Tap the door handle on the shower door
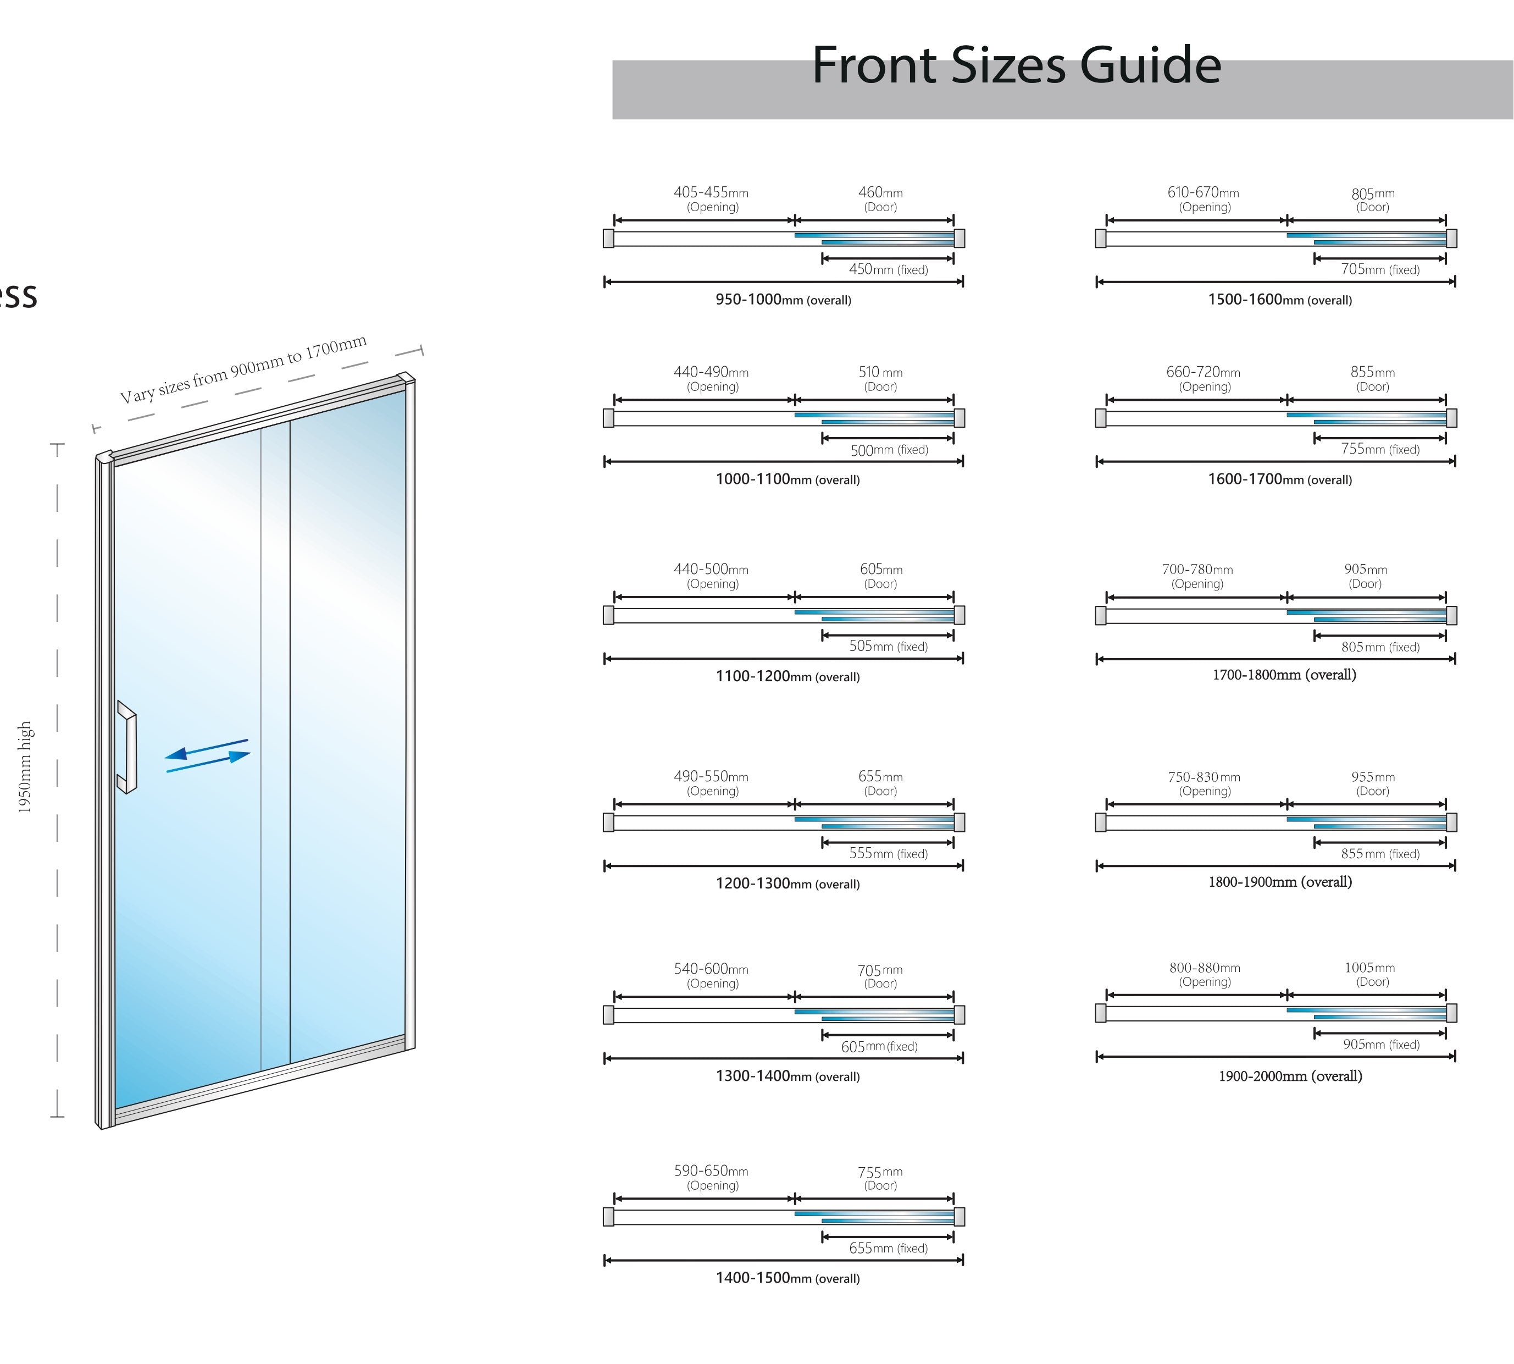tap(128, 747)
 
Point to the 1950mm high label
tap(25, 767)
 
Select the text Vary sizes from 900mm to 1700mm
tap(243, 369)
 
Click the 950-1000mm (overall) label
tap(783, 300)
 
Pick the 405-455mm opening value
tap(711, 192)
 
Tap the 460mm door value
tap(880, 192)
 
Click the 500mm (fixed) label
tap(889, 450)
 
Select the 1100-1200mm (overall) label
tap(787, 676)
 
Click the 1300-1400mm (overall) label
tap(787, 1076)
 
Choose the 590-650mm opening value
tap(711, 1170)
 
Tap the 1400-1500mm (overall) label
tap(787, 1278)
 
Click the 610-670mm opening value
tap(1203, 192)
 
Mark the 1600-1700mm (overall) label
tap(1279, 479)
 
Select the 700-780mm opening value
tap(1197, 570)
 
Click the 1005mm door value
tap(1369, 968)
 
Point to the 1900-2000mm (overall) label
tap(1290, 1076)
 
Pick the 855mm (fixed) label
tap(1380, 854)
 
